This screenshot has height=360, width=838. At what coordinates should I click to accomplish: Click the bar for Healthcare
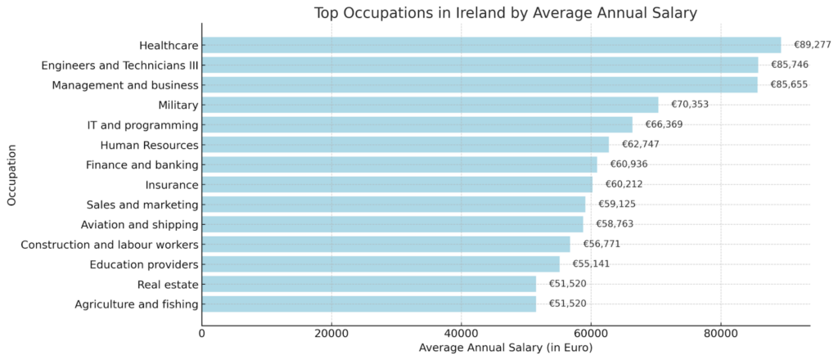click(491, 45)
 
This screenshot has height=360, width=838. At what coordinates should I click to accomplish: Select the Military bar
click(430, 105)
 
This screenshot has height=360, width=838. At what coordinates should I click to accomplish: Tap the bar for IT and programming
click(417, 124)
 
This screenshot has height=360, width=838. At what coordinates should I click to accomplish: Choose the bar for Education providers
click(381, 263)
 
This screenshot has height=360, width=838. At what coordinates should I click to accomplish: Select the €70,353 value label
click(690, 105)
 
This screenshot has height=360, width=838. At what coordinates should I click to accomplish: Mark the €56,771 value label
click(601, 244)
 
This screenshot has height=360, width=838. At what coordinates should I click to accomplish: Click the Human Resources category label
click(149, 145)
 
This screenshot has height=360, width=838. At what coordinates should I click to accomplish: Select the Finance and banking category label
click(142, 164)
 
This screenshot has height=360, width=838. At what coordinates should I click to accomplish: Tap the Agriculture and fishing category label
click(136, 304)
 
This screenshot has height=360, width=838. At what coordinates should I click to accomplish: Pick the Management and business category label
click(125, 85)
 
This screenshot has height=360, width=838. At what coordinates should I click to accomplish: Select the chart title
click(505, 13)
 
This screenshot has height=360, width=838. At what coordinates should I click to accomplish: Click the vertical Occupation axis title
click(11, 175)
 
